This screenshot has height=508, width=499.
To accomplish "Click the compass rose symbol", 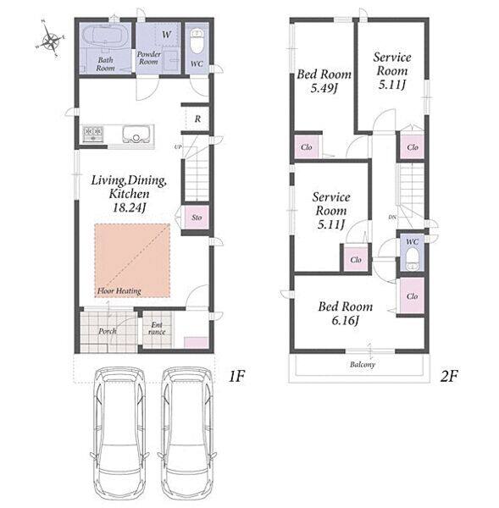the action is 50,40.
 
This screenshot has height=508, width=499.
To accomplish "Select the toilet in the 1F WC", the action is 197,41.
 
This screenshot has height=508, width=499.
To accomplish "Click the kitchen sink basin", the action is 136,134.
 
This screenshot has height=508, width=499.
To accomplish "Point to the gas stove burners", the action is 93,134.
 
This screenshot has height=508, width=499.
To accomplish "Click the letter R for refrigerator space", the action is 197,119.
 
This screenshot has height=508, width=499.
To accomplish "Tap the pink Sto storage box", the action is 197,217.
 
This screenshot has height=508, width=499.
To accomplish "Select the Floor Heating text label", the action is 119,290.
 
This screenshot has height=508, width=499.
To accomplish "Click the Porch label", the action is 108,331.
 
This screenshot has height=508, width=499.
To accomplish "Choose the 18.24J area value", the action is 129,207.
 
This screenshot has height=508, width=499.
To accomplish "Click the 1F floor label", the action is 236,376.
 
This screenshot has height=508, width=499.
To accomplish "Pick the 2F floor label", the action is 449,376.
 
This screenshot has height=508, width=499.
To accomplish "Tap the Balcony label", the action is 363,364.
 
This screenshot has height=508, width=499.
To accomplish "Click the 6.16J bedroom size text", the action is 345,321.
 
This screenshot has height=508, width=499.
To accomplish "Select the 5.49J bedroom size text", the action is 324,88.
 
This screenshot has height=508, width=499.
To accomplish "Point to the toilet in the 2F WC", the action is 412,258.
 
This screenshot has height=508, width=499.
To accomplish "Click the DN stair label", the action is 392,217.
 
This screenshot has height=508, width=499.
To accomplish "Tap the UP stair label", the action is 178,146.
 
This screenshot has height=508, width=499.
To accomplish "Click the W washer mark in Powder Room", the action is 166,34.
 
